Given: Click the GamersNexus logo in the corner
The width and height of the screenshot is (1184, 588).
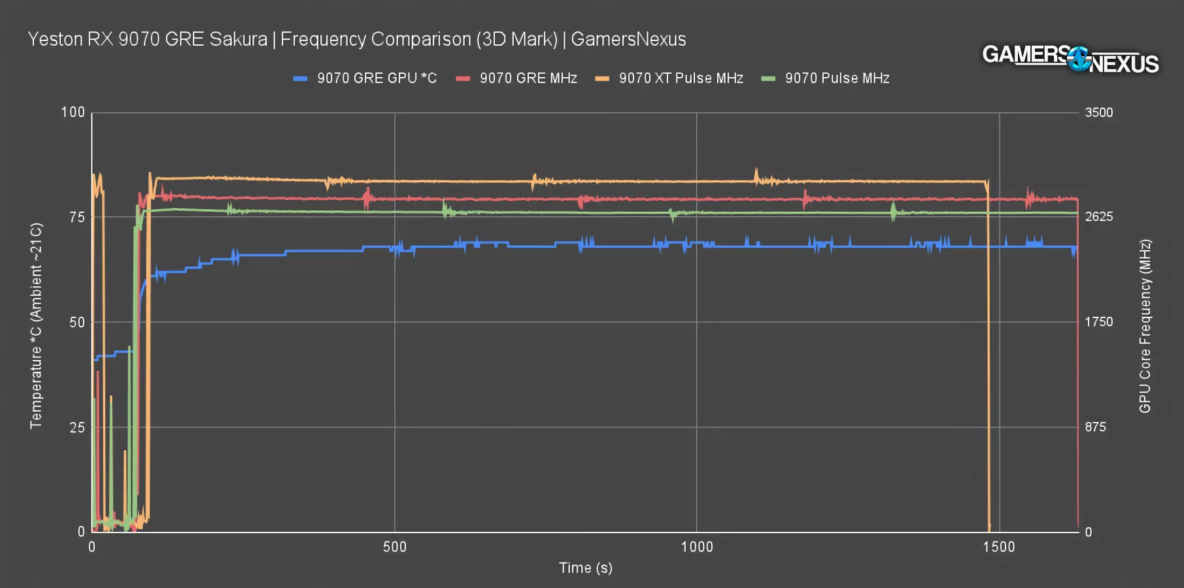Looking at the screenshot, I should coord(1070,59).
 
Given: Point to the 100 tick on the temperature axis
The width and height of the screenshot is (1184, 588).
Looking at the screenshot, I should coord(73,112).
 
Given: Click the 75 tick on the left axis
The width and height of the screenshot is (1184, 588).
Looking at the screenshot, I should coord(77,217).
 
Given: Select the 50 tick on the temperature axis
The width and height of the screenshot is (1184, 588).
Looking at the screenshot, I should coord(77,322).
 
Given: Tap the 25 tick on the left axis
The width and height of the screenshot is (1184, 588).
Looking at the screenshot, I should coord(77,427).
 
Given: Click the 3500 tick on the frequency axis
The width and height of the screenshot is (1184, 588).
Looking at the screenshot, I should coord(1098,112).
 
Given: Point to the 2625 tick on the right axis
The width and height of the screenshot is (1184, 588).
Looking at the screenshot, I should coord(1098,217).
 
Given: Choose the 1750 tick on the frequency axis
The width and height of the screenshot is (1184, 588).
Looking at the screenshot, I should coord(1098,322).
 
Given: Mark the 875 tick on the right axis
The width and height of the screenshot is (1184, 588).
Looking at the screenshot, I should coord(1095,427).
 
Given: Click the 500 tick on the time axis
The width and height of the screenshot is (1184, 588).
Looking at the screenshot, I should coord(394,547).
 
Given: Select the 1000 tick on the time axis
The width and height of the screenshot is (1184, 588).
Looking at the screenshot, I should coord(697,547).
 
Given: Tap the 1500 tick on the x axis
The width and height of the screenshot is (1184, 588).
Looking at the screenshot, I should coord(999,547).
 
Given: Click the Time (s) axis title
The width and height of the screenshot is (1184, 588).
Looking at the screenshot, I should coord(585,568).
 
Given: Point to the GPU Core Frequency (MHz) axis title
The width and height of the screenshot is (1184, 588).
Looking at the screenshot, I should coord(1145,326).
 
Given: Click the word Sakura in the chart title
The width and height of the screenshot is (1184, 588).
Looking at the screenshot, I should coord(239,39).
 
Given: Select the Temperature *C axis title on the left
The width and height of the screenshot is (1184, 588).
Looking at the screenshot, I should coord(36,326).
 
